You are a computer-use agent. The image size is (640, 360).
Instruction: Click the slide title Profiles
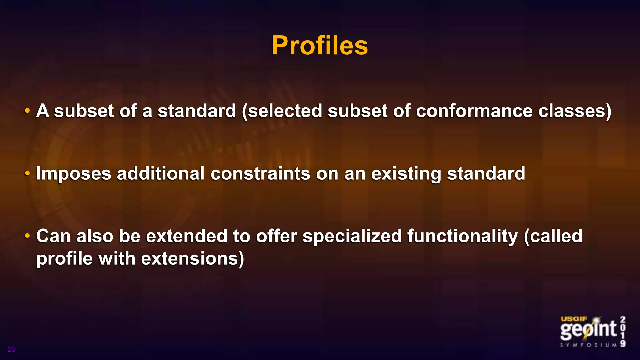(x=320, y=46)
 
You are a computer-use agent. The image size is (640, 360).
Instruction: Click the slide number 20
(x=12, y=349)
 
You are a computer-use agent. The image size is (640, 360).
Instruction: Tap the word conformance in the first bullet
(x=474, y=111)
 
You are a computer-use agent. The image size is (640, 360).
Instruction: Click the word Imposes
(x=74, y=174)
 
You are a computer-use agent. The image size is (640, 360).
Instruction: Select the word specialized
(x=352, y=236)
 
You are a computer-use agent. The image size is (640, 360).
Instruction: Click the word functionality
(x=462, y=236)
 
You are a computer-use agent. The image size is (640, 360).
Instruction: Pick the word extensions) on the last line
(x=192, y=259)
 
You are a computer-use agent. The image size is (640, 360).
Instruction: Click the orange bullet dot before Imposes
(x=27, y=173)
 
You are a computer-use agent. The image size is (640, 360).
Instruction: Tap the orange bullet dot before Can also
(x=27, y=236)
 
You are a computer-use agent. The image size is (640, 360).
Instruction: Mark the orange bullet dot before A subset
(x=27, y=111)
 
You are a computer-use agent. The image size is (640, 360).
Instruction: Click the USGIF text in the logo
(x=574, y=319)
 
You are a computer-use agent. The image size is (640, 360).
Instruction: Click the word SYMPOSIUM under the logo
(x=589, y=345)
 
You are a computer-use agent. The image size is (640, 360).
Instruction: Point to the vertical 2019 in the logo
(x=623, y=332)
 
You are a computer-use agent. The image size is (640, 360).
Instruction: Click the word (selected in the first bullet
(x=282, y=111)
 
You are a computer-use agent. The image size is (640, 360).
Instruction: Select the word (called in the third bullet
(x=553, y=236)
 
